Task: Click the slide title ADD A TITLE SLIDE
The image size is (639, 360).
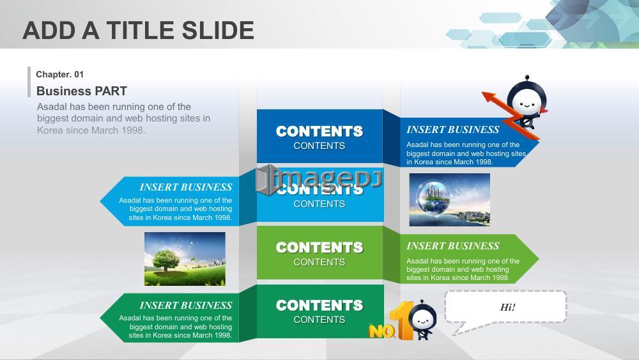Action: pos(138,31)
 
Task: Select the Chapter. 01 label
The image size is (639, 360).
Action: pos(60,74)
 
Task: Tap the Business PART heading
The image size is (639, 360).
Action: pos(82,91)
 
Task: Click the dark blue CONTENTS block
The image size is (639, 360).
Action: pos(319,136)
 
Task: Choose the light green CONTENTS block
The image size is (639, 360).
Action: pos(319,253)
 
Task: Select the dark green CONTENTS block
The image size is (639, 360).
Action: pos(320,311)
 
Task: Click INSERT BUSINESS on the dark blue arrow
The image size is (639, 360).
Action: pos(453,130)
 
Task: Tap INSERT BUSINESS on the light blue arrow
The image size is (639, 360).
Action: pos(186,187)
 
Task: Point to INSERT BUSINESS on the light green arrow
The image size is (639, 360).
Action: pos(453,246)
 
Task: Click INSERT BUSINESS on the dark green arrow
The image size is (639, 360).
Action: pos(186,306)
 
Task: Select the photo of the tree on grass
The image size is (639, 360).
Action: pos(185,259)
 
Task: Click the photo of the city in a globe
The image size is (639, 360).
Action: pos(449,200)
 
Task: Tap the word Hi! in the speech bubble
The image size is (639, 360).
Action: pos(507,308)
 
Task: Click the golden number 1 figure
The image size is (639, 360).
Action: pos(402,320)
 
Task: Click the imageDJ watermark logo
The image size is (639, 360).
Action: pos(319,180)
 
